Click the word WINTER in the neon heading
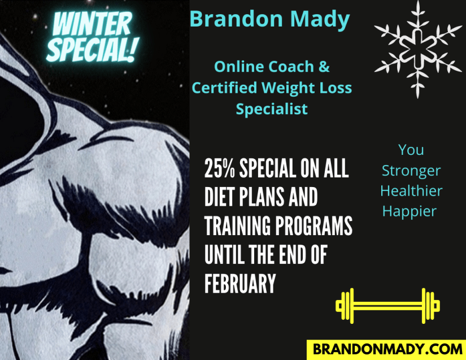tap(92, 24)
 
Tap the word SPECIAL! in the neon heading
tap(93, 50)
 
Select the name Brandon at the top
tap(236, 19)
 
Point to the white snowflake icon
tap(418, 49)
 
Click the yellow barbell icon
tap(387, 306)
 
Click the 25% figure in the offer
tap(220, 168)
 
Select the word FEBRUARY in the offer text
tap(240, 283)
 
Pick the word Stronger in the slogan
tap(411, 171)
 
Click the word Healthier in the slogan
tap(411, 190)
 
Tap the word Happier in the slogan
tap(410, 212)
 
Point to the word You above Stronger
tap(411, 150)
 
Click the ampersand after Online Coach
tap(324, 67)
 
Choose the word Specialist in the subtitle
tap(272, 109)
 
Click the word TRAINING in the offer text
tap(238, 225)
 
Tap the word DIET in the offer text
tap(219, 197)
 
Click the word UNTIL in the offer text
tap(224, 254)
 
